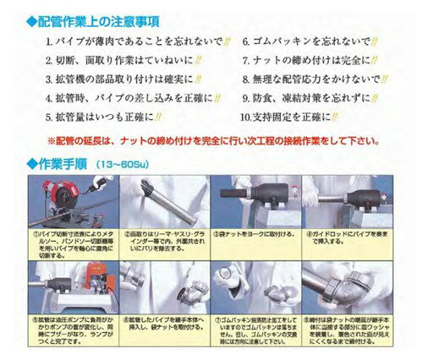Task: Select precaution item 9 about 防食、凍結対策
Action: coord(312,98)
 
